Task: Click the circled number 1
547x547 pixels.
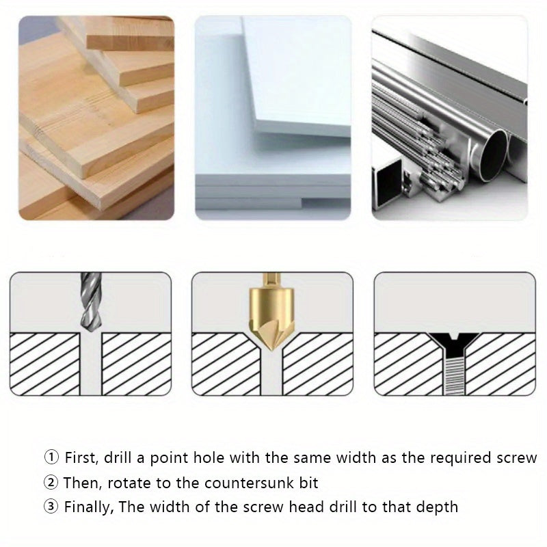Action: click(x=51, y=457)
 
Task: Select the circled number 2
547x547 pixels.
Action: click(x=51, y=483)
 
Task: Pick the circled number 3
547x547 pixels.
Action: click(x=51, y=507)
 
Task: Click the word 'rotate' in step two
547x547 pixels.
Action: click(x=117, y=483)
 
